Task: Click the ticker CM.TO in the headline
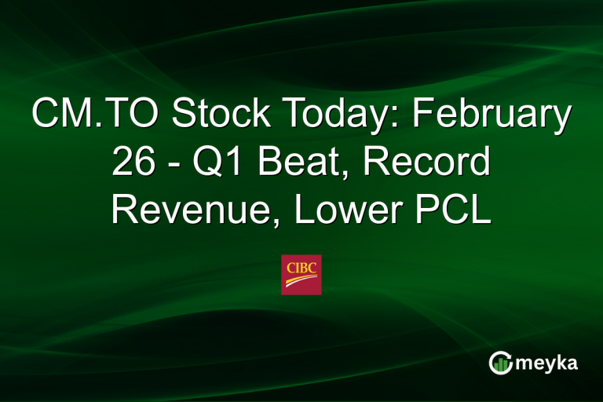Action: pos(92,116)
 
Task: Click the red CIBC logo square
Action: pos(301,274)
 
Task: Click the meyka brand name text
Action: pos(547,364)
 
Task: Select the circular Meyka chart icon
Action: pos(499,363)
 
